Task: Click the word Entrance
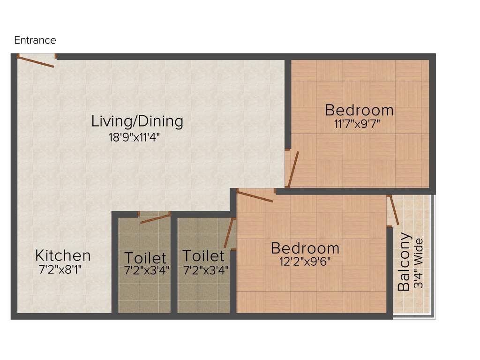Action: [x=35, y=40]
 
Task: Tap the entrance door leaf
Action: [x=36, y=61]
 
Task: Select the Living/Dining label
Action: [x=137, y=121]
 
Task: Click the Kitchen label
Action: [x=63, y=255]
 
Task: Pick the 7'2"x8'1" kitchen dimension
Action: [x=63, y=270]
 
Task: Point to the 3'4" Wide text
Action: [x=419, y=264]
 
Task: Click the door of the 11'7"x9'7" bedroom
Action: [x=293, y=169]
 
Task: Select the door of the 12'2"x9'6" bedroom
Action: [x=255, y=196]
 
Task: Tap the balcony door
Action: [x=394, y=210]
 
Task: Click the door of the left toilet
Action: [x=155, y=218]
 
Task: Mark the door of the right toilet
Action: [x=229, y=233]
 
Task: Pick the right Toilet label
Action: [x=203, y=255]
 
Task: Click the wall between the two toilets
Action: [x=174, y=265]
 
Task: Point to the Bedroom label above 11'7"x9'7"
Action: [x=359, y=110]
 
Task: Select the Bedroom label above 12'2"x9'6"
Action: [x=305, y=247]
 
